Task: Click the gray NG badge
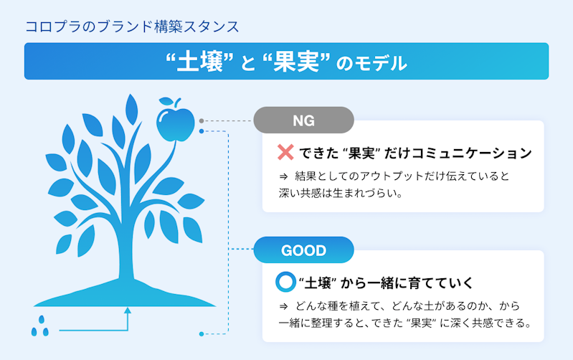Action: pos(303,120)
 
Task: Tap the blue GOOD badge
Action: pos(303,250)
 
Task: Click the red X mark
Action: pos(285,153)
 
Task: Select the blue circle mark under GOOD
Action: pos(285,282)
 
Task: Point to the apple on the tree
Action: pos(176,123)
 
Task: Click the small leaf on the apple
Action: pos(166,101)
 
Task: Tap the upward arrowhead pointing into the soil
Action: pos(128,311)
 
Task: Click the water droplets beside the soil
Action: pos(40,326)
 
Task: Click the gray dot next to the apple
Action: pos(202,121)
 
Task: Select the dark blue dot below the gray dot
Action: pos(202,131)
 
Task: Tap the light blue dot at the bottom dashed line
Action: pos(202,334)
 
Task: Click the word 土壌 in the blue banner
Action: pos(200,62)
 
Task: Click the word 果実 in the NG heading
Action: pos(361,153)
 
